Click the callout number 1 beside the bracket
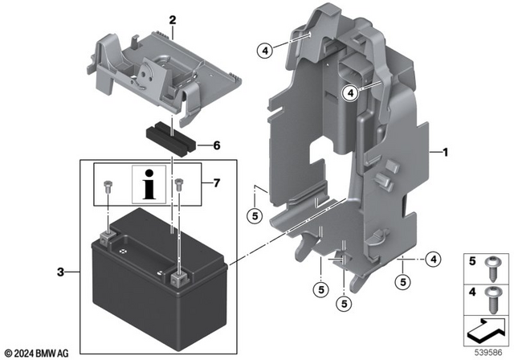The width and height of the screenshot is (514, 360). [x=444, y=151]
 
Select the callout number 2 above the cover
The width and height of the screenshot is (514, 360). [x=171, y=18]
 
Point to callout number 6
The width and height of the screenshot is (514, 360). [x=215, y=145]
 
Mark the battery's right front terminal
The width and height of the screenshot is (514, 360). [x=177, y=278]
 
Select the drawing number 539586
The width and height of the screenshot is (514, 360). [x=490, y=352]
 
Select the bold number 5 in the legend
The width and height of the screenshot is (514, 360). [x=472, y=260]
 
